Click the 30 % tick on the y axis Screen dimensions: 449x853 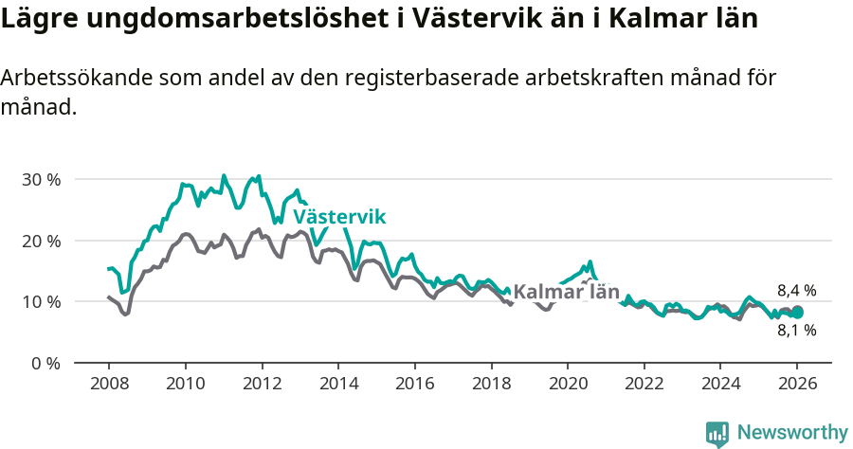click(x=41, y=179)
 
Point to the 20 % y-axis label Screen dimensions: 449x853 click(x=41, y=241)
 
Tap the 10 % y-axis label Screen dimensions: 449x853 click(x=41, y=301)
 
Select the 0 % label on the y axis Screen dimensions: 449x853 click(x=45, y=363)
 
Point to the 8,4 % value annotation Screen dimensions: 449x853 click(x=796, y=291)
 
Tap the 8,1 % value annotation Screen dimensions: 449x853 click(x=796, y=331)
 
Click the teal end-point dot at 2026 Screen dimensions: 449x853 click(x=797, y=312)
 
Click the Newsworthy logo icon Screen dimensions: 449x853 click(x=717, y=433)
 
